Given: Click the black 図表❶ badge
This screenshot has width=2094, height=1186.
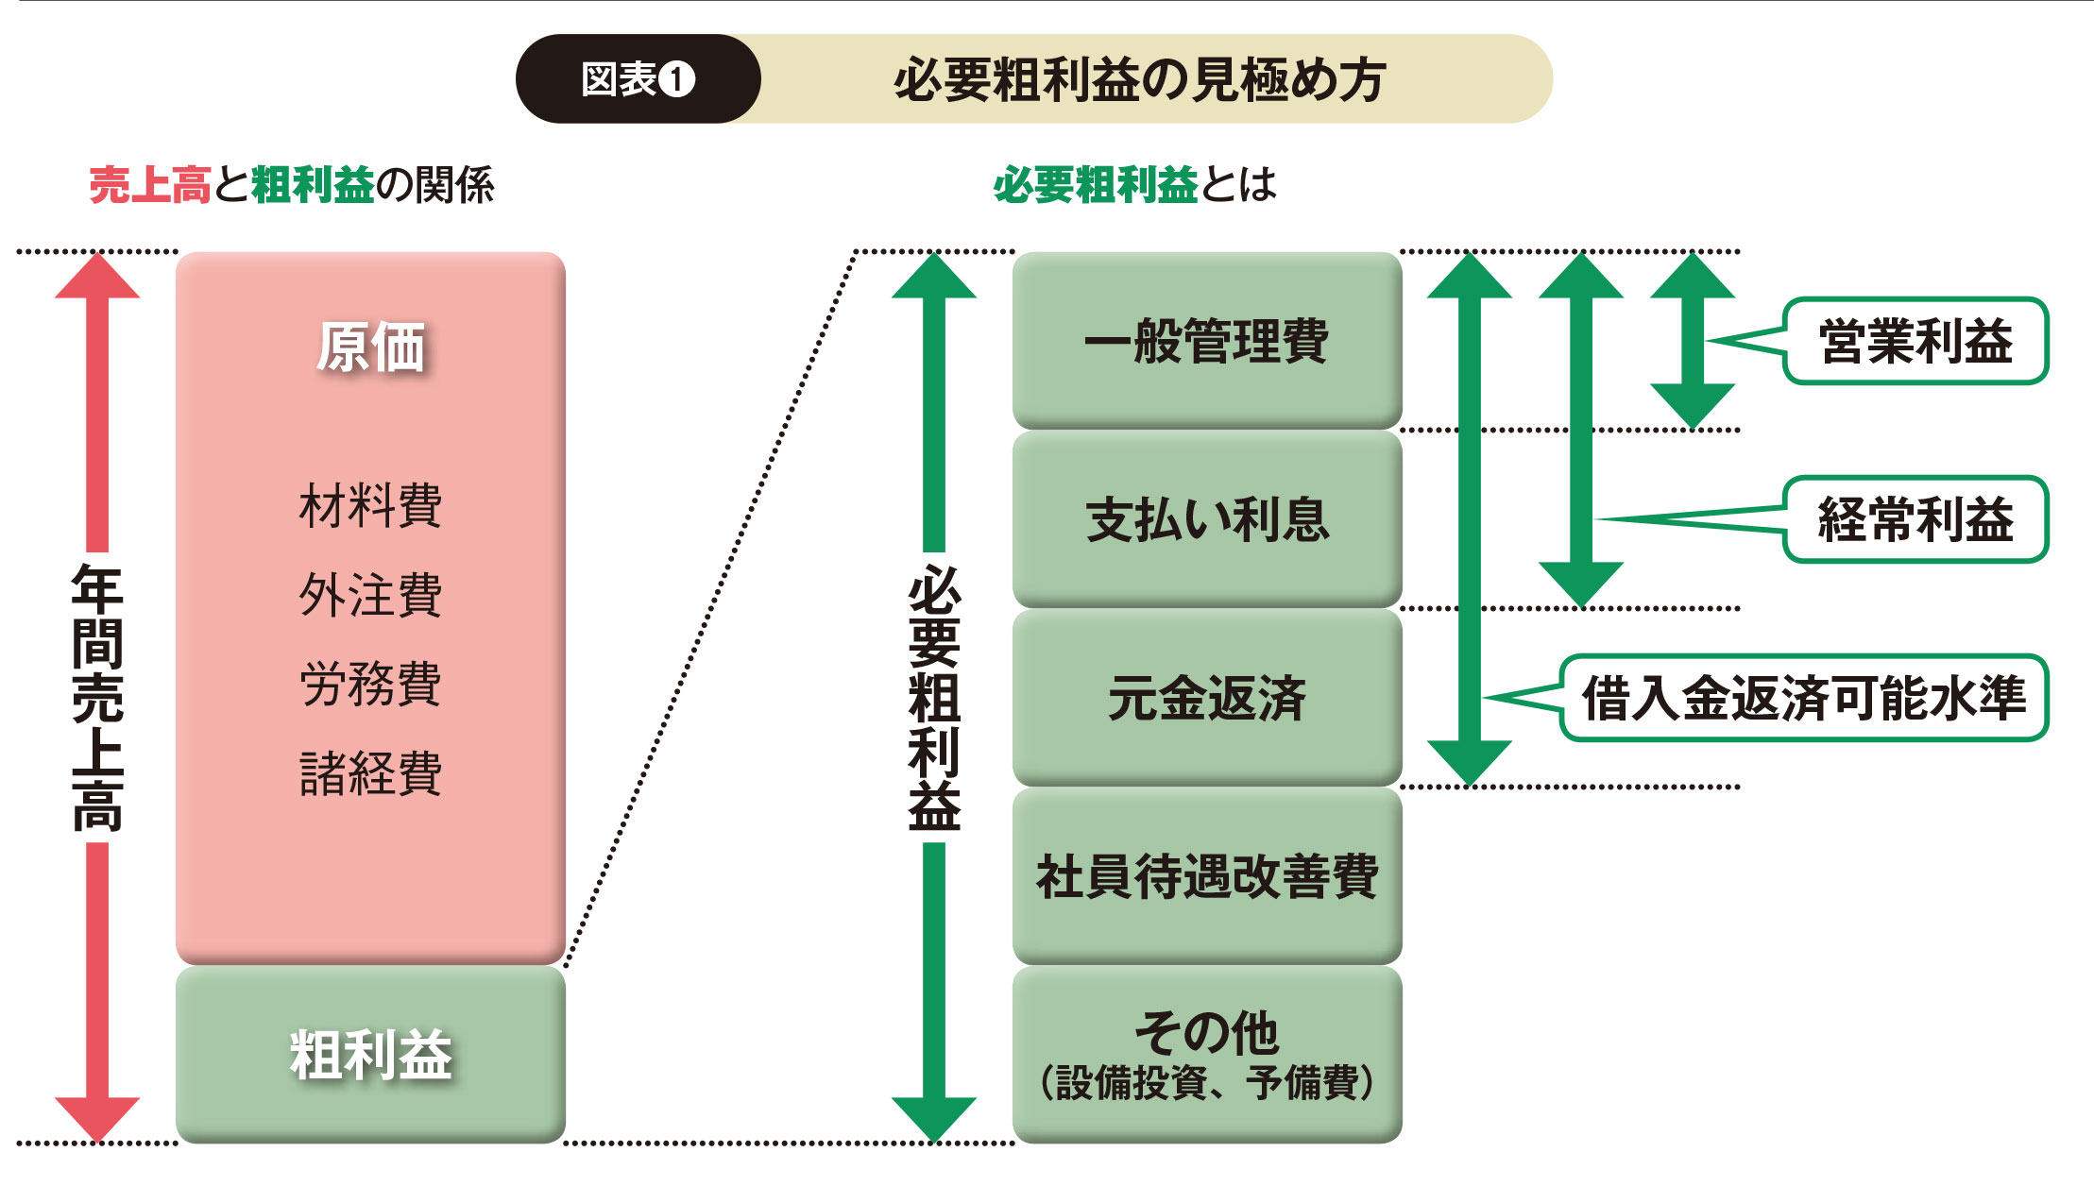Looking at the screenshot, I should (x=638, y=79).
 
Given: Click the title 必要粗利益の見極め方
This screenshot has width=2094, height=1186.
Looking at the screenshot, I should (x=1139, y=79).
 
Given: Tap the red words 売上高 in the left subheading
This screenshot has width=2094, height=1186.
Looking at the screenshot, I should (x=149, y=185).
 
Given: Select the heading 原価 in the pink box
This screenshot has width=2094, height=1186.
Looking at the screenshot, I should (x=370, y=347).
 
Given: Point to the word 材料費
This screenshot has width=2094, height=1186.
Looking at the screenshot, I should (x=370, y=505).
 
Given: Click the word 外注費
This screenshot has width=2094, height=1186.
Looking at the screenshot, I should (x=370, y=595).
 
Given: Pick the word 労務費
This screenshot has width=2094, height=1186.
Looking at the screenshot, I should (x=370, y=684).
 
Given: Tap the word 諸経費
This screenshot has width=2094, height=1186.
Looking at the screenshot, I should (x=370, y=773).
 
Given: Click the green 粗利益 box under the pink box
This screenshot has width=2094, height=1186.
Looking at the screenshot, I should (x=370, y=1054).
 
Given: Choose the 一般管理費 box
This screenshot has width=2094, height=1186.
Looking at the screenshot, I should (x=1206, y=341).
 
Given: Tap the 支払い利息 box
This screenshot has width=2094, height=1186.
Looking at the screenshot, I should (x=1206, y=519).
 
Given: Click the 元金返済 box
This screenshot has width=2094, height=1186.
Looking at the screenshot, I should (x=1206, y=698).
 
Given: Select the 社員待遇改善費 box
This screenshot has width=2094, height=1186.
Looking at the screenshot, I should (x=1206, y=876).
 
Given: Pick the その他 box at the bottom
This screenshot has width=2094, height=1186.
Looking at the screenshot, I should (x=1206, y=1054).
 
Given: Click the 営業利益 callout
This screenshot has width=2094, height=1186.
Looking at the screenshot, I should (x=1915, y=341).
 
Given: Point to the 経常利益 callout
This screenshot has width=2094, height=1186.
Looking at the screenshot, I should (x=1915, y=519).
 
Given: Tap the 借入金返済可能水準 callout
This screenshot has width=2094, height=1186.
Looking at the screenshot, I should (x=1803, y=698).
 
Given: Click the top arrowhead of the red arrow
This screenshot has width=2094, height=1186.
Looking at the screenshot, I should (x=97, y=277).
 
